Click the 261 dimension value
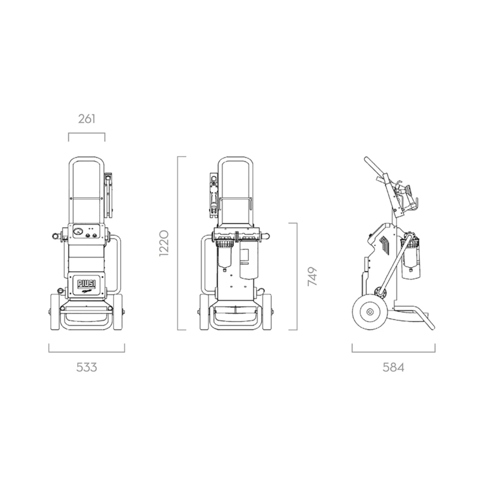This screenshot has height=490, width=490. click(x=87, y=119)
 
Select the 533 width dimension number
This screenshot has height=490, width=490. click(x=87, y=367)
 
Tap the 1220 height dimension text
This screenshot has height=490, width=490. click(x=164, y=243)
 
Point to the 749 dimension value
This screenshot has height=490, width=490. click(x=312, y=276)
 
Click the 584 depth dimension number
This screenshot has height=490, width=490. click(x=393, y=367)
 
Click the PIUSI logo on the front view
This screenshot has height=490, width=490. click(x=87, y=283)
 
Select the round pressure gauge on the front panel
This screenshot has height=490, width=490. click(x=78, y=232)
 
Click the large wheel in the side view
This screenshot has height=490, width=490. click(x=370, y=312)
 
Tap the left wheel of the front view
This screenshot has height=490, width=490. click(x=55, y=312)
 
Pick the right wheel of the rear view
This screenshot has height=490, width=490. click(x=267, y=312)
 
